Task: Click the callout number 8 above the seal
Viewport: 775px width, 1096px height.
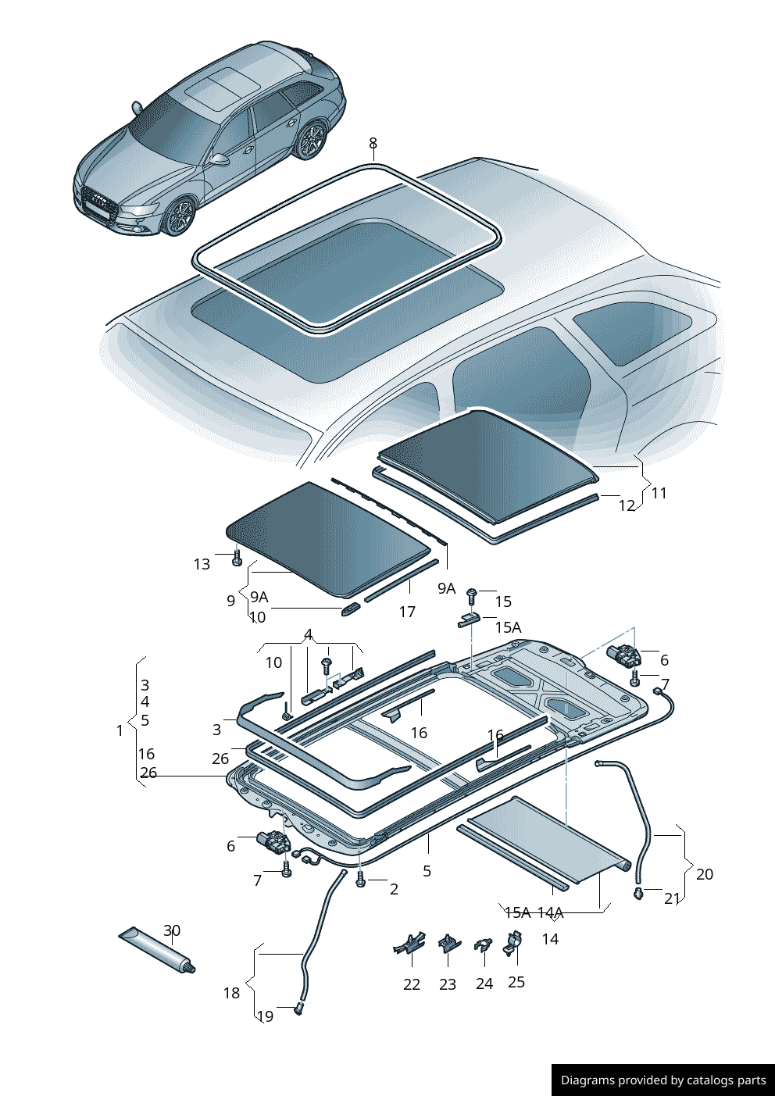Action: (373, 143)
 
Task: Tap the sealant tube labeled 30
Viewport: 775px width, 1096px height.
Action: (155, 948)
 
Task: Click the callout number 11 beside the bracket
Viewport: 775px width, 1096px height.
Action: (659, 493)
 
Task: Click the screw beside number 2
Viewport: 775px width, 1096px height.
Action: (360, 880)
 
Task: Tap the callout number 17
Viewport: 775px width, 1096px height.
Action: (407, 612)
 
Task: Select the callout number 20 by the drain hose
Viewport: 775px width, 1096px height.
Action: (704, 874)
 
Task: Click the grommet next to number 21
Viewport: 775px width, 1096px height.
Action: (638, 893)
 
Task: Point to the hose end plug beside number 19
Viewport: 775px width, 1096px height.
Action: (298, 1011)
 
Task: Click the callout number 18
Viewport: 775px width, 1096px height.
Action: (231, 993)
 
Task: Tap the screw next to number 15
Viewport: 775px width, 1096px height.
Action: (472, 596)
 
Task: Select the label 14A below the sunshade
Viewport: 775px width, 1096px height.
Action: (550, 912)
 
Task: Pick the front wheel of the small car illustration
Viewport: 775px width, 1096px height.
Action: (180, 217)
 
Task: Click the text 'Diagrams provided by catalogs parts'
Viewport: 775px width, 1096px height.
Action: (663, 1080)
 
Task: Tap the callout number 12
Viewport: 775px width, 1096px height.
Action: (627, 505)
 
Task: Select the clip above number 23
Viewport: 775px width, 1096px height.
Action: (449, 943)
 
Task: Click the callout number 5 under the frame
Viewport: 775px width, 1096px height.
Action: (427, 870)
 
